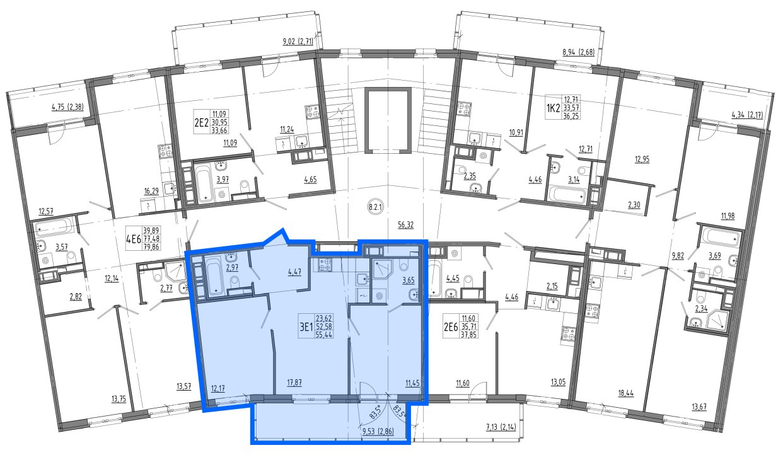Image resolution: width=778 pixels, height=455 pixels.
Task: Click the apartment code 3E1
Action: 306,326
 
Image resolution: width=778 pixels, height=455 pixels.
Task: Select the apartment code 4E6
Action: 134,239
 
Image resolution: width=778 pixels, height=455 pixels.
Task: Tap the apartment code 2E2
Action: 201,122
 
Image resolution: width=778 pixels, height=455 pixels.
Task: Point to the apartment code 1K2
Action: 554,108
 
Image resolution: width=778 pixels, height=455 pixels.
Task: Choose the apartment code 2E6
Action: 451,326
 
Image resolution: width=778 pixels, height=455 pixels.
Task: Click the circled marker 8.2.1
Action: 375,207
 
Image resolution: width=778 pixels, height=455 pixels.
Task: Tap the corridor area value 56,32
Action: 405,225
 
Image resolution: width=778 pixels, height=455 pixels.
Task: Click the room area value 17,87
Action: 294,383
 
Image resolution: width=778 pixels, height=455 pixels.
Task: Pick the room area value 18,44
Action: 626,394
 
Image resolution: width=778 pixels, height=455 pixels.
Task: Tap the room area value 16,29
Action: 151,191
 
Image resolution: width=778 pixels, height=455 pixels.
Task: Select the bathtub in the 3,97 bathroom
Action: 204,183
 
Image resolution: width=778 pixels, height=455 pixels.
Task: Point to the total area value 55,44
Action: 323,335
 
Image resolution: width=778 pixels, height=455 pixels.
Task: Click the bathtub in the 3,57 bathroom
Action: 54,229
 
